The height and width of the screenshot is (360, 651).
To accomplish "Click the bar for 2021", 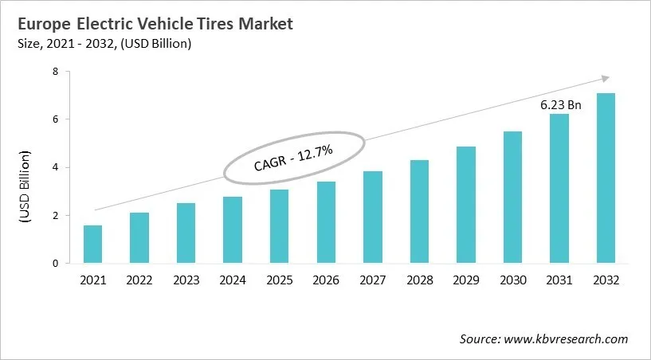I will point(92,245).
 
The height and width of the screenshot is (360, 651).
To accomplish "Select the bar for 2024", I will point(232,230).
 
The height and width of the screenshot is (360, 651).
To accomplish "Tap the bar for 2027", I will point(372,217).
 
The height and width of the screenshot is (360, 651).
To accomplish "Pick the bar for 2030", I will point(512,198).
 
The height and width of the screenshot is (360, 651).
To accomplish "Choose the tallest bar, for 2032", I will point(606,178).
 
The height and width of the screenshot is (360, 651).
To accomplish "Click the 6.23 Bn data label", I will point(559,104).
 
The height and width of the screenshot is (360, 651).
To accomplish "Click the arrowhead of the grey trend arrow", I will point(605,78).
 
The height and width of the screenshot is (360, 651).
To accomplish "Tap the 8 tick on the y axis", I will point(57,72).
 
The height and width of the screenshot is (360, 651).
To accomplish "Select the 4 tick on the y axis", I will point(57,167).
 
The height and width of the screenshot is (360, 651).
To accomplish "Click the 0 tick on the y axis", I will point(57,264).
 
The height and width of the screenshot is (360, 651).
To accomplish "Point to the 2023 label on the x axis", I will point(186,280).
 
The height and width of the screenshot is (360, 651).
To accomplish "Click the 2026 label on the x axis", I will point(325,280).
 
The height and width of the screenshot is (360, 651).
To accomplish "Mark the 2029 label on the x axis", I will point(465,280).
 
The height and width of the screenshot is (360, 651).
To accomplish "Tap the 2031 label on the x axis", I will point(559,280).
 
